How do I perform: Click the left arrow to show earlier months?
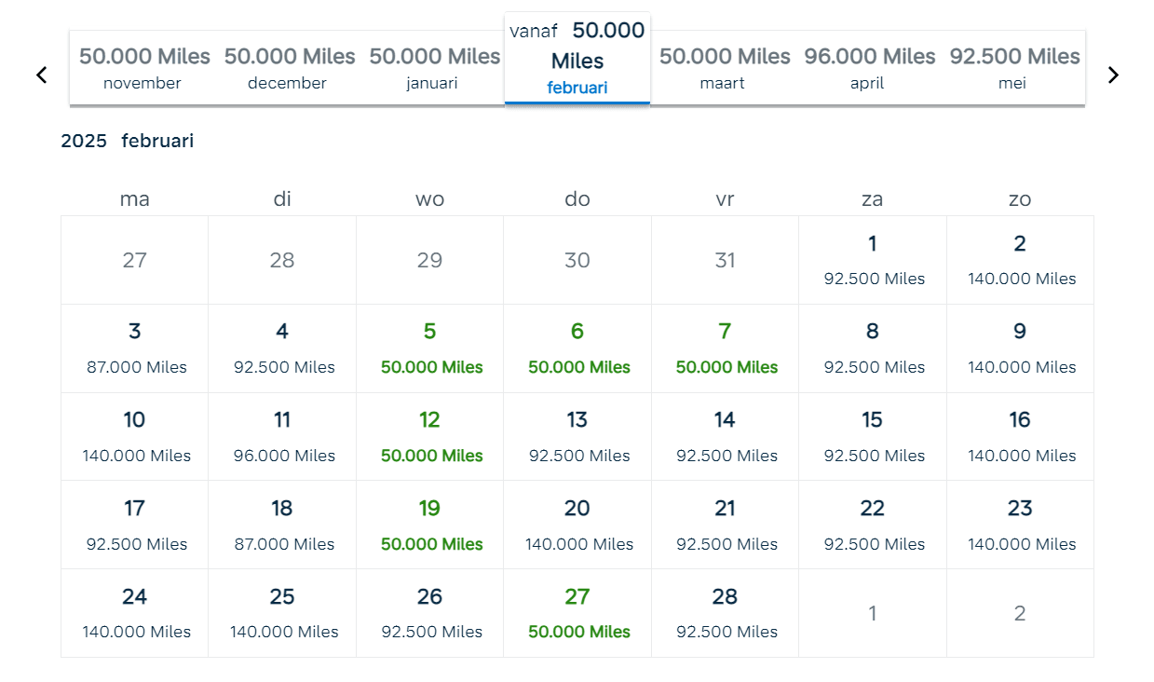tap(41, 75)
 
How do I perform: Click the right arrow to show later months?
tap(1113, 75)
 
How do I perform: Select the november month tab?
tap(143, 68)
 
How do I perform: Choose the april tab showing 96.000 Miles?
tap(869, 68)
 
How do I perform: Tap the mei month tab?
tap(1013, 68)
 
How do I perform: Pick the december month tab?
tap(289, 68)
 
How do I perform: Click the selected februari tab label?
tap(577, 88)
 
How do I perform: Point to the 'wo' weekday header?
tap(429, 198)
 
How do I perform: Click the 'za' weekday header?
tap(872, 198)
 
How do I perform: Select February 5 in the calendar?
tap(430, 348)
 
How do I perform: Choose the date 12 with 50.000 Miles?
tap(430, 436)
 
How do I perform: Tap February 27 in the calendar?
tap(577, 612)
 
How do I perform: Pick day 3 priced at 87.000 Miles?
tap(135, 348)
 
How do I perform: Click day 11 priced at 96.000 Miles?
tap(282, 436)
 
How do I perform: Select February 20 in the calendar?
tap(577, 525)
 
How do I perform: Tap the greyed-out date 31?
tap(725, 260)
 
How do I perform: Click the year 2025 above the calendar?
tap(83, 142)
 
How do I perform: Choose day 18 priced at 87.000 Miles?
tap(282, 525)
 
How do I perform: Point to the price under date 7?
tap(726, 367)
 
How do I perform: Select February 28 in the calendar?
tap(725, 612)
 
